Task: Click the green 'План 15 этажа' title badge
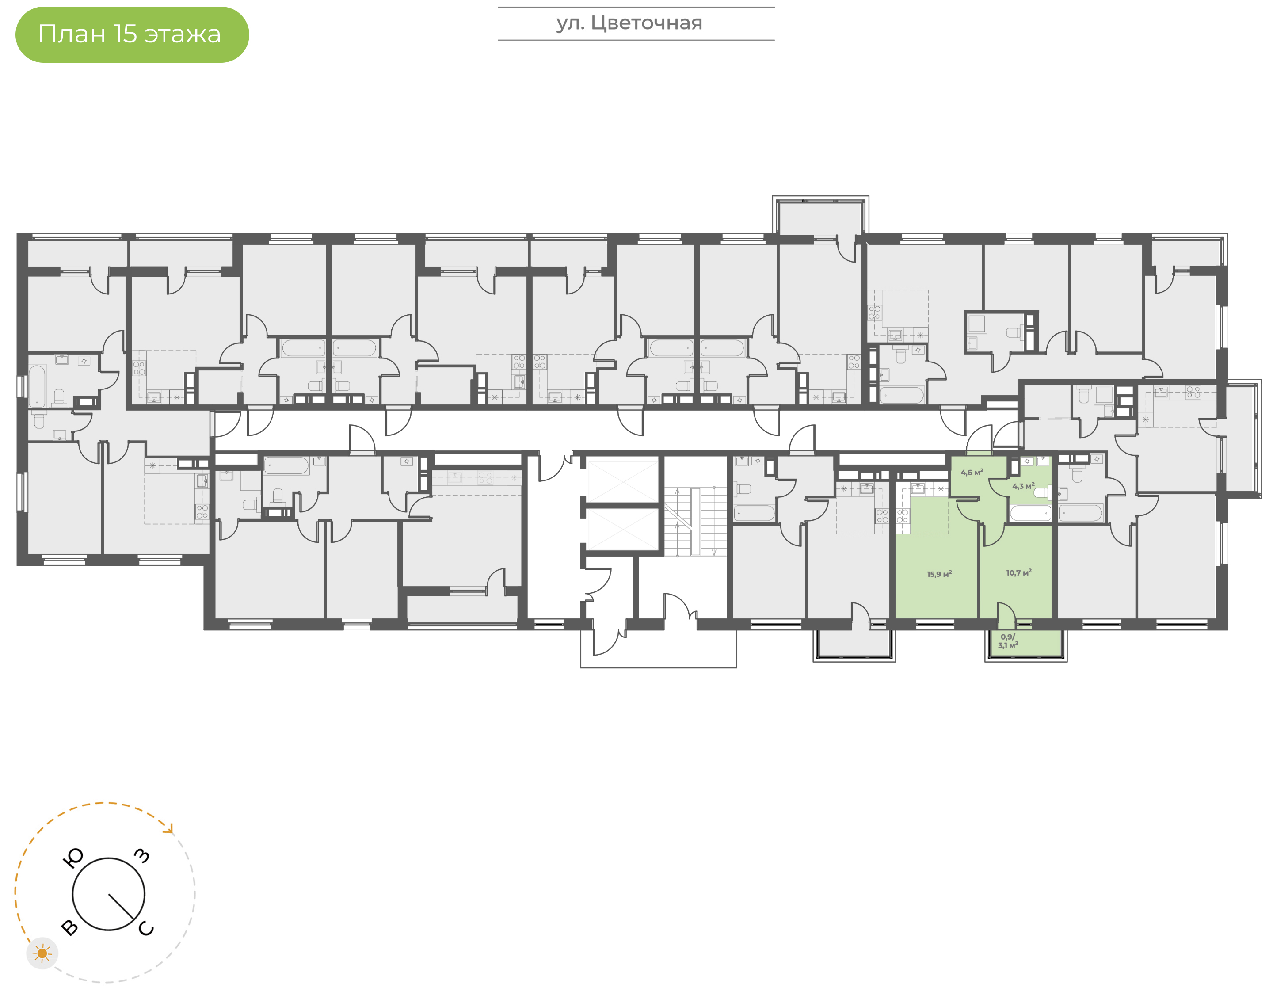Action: click(132, 34)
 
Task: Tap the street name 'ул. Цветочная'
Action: click(629, 23)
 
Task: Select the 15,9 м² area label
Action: click(939, 574)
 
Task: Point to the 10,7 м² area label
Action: click(1019, 572)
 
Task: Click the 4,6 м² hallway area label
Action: click(972, 472)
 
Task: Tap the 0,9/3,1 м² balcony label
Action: click(1008, 641)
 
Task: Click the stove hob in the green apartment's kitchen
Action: click(902, 516)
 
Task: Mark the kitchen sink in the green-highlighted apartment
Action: click(918, 488)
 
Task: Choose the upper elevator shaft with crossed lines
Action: click(623, 481)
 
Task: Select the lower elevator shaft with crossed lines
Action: click(623, 529)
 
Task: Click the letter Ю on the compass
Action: click(73, 858)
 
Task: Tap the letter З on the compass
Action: click(142, 856)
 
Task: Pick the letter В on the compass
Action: click(69, 927)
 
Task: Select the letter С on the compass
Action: click(146, 928)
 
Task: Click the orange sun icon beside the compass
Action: click(42, 953)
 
